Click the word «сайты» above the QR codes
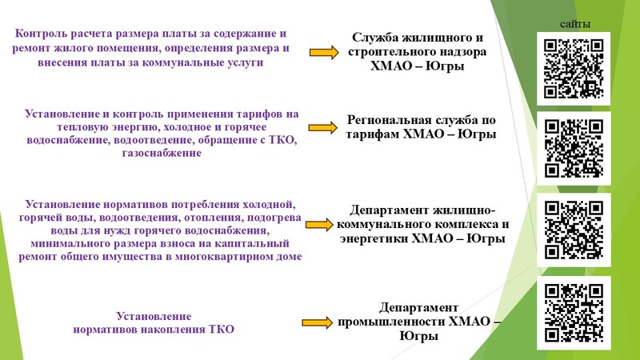click(x=574, y=24)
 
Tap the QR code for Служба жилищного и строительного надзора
click(x=574, y=68)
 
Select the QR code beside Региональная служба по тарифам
click(x=574, y=148)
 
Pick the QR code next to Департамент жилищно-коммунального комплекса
click(x=574, y=230)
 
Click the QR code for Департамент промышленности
click(x=574, y=313)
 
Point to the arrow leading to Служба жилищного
click(x=324, y=52)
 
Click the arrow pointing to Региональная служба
click(x=323, y=128)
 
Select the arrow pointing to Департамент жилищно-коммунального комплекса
click(x=319, y=225)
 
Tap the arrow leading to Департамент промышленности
click(x=317, y=323)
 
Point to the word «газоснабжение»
click(x=162, y=153)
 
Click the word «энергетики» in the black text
click(x=374, y=238)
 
